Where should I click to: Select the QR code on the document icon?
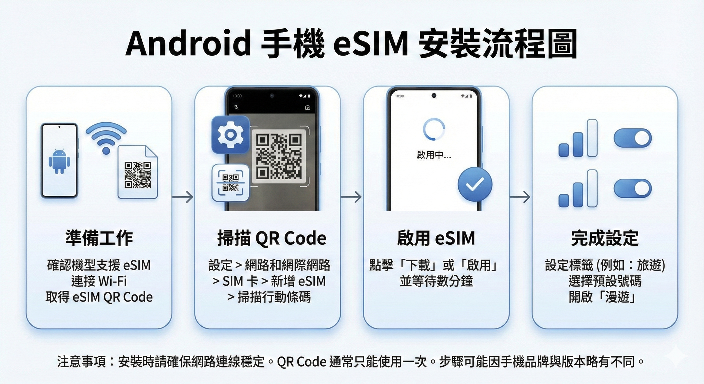(x=138, y=175)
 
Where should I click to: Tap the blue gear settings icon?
(x=230, y=134)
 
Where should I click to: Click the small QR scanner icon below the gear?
(x=230, y=182)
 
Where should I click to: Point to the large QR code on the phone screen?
(x=279, y=156)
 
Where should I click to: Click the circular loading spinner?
(x=434, y=129)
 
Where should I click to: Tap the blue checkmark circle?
(x=475, y=185)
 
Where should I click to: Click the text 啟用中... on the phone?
(x=434, y=155)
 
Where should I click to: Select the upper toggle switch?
(x=632, y=138)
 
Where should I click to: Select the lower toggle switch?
(x=632, y=188)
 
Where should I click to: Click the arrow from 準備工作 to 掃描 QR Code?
(x=183, y=197)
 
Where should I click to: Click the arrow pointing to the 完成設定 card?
(x=520, y=197)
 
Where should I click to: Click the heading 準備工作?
(x=99, y=238)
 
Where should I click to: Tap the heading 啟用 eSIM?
(x=436, y=238)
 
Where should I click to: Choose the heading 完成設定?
(x=605, y=238)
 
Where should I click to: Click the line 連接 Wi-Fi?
(x=99, y=281)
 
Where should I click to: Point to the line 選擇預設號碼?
(x=605, y=281)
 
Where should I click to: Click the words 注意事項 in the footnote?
(x=81, y=361)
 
